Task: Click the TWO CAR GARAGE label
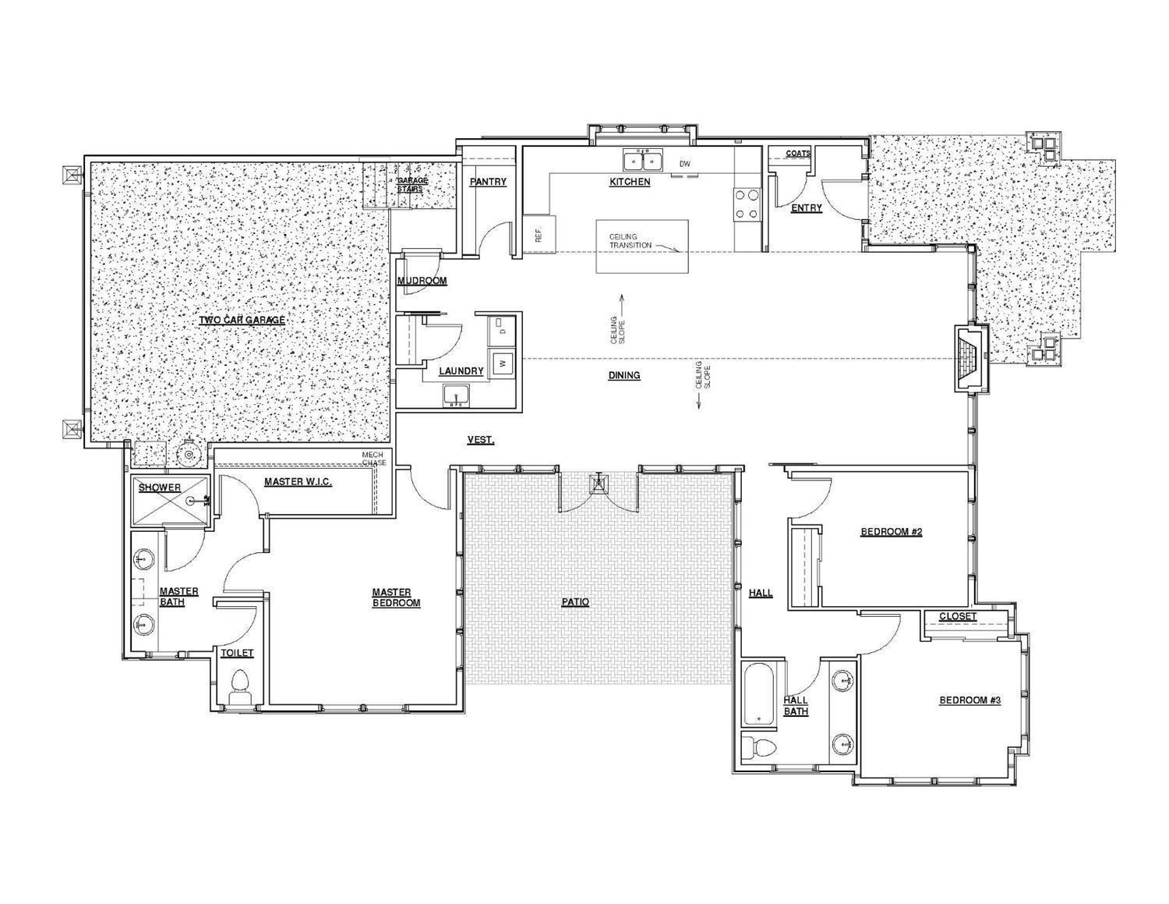pos(242,320)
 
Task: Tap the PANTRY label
pos(488,182)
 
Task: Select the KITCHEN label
pos(630,182)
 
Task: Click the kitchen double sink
pos(642,161)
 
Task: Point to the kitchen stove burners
pos(746,204)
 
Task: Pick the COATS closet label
pos(798,154)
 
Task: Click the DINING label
pos(624,375)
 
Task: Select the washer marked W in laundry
pos(503,363)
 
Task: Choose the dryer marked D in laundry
pos(503,331)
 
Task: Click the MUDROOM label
pos(422,281)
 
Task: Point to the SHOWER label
pos(160,487)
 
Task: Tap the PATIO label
pos(575,602)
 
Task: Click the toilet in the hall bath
pos(760,747)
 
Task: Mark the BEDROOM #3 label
pos(969,700)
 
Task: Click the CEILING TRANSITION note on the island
pos(623,241)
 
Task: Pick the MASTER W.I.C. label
pos(298,482)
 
